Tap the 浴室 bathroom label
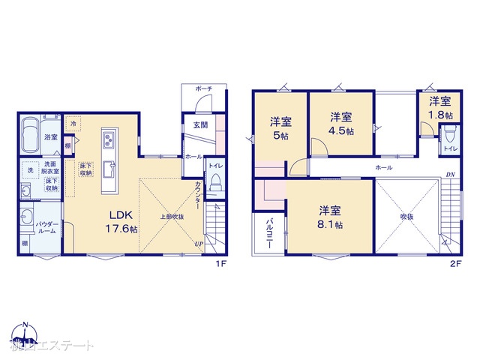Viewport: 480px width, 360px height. click(50, 137)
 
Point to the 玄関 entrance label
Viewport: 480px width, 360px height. click(200, 124)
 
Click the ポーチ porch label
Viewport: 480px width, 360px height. click(204, 89)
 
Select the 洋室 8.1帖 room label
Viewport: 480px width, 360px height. click(329, 217)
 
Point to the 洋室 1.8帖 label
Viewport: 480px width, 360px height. click(441, 108)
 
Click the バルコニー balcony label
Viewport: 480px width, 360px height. click(268, 235)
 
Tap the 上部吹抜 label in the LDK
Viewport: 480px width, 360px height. click(170, 216)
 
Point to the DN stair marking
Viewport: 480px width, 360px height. click(449, 175)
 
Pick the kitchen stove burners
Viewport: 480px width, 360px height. click(107, 139)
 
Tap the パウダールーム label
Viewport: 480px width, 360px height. click(49, 227)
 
